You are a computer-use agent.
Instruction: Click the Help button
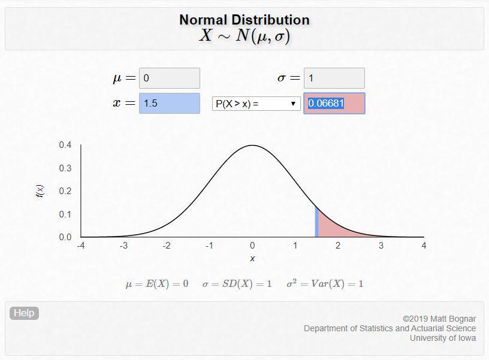click(x=24, y=313)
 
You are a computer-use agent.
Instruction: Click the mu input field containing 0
click(x=169, y=78)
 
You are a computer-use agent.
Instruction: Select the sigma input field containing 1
click(x=334, y=78)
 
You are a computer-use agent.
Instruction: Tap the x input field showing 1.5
click(x=169, y=103)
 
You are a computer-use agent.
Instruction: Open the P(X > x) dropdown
click(x=256, y=104)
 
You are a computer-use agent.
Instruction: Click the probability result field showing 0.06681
click(x=334, y=103)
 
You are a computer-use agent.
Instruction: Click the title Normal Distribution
click(x=244, y=20)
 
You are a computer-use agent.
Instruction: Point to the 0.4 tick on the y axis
click(x=65, y=145)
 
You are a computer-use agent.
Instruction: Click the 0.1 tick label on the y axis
click(x=65, y=214)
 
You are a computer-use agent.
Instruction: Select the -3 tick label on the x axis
click(x=123, y=246)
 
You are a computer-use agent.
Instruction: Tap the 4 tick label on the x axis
click(x=424, y=246)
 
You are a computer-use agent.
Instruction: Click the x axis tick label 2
click(x=338, y=246)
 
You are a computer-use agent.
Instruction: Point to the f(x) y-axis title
click(x=40, y=191)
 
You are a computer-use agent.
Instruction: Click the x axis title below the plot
click(x=252, y=259)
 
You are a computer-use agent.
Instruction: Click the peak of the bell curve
click(x=252, y=146)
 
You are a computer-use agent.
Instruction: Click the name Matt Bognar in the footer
click(x=452, y=319)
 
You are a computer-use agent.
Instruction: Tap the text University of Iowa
click(x=443, y=338)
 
